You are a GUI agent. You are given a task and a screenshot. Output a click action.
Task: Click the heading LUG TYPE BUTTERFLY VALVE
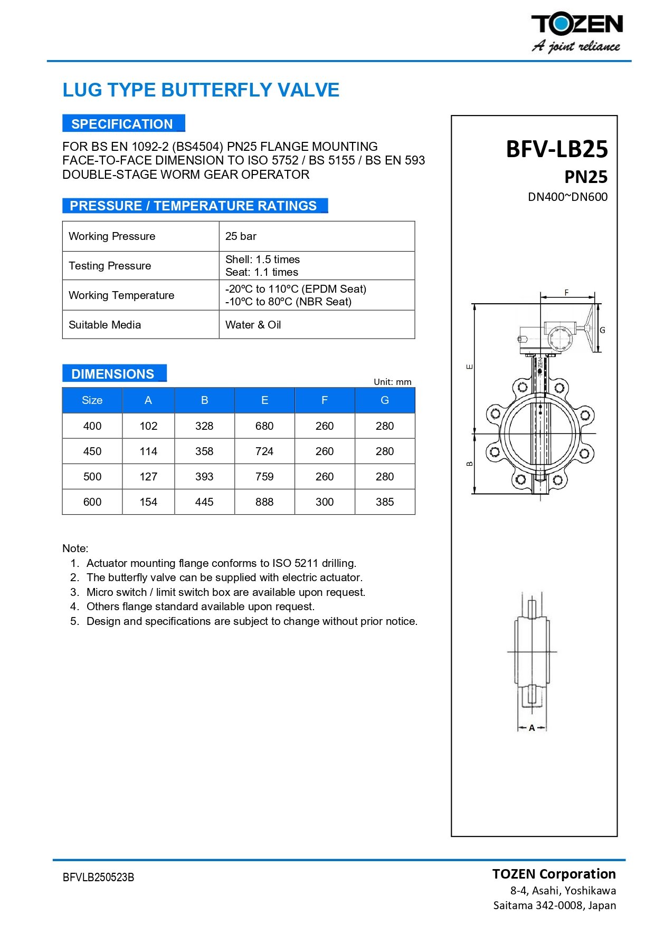(x=201, y=90)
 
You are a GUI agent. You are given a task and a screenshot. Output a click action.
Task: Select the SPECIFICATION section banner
(x=123, y=124)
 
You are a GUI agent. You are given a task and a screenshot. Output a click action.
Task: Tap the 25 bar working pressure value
(x=241, y=236)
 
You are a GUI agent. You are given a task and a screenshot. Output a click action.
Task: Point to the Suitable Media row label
(x=105, y=325)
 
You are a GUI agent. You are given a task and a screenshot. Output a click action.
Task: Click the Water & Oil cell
(x=253, y=325)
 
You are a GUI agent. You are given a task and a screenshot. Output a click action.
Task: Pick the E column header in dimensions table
(x=264, y=400)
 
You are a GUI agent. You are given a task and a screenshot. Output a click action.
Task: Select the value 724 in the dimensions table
(x=264, y=451)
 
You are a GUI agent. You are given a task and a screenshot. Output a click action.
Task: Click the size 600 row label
(x=92, y=502)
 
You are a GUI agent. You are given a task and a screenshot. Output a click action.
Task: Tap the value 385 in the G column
(x=385, y=502)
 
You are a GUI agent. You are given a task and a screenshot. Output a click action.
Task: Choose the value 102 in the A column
(x=148, y=426)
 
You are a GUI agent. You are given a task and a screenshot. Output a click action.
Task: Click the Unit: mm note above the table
(x=392, y=382)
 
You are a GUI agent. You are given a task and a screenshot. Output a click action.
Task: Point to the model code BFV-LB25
(x=557, y=149)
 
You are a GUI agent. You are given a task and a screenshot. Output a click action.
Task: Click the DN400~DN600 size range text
(x=567, y=197)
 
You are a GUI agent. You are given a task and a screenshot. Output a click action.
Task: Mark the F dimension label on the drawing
(x=567, y=293)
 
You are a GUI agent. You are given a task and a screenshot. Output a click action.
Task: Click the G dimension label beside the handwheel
(x=602, y=331)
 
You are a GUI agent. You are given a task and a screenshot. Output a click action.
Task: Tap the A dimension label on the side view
(x=532, y=728)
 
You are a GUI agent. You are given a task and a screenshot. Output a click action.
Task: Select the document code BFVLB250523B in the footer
(x=98, y=878)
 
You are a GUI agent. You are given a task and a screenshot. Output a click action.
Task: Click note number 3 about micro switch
(x=225, y=592)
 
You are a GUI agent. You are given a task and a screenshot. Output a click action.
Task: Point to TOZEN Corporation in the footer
(x=554, y=874)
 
